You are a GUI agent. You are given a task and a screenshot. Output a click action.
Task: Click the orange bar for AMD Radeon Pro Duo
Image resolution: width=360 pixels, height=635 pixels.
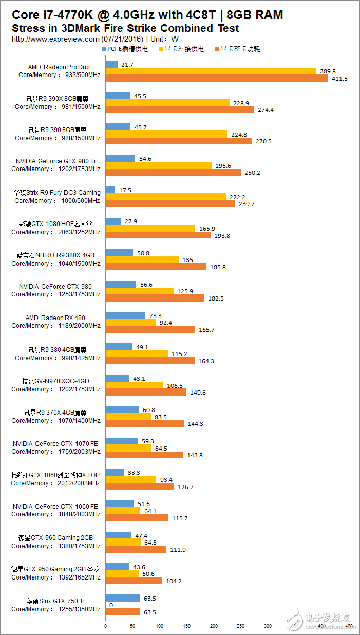point(216,78)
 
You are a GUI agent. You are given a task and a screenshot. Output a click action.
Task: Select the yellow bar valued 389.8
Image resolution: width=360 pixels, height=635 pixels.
point(211,71)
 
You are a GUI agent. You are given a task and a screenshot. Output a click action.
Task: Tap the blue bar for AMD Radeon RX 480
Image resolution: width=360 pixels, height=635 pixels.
point(125,315)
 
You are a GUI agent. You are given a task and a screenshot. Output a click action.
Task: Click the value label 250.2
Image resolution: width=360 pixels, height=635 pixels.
point(252,173)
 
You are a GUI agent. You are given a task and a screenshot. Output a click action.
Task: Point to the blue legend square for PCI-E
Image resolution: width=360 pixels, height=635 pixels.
point(105,49)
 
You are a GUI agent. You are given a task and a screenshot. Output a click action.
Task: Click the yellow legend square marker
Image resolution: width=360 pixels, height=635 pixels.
point(161,49)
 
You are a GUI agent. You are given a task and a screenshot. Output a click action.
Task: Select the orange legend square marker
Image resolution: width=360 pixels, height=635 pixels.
point(217,49)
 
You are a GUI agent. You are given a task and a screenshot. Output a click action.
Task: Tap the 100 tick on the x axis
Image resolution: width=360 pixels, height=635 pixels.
point(159,626)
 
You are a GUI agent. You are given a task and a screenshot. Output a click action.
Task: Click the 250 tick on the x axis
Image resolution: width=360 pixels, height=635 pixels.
point(240,626)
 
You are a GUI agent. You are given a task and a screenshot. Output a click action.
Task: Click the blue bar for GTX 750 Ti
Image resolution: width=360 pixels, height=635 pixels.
point(122,598)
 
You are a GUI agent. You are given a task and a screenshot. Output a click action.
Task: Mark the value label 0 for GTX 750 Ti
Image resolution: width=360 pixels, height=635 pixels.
point(111,605)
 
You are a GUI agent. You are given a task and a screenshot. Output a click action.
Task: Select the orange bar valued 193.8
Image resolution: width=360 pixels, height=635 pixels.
point(158,235)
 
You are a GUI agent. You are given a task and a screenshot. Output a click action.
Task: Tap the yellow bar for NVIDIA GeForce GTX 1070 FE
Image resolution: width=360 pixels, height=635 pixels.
point(128,448)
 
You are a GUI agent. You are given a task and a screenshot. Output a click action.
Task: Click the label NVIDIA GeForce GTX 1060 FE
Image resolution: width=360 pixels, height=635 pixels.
point(55,506)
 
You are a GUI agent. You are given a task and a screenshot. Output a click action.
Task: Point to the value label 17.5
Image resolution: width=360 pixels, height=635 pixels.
point(125,190)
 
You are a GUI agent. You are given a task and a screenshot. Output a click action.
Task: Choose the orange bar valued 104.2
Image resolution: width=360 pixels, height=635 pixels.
point(133,581)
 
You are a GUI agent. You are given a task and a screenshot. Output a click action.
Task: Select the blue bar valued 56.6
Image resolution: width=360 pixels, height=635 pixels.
point(120,284)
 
